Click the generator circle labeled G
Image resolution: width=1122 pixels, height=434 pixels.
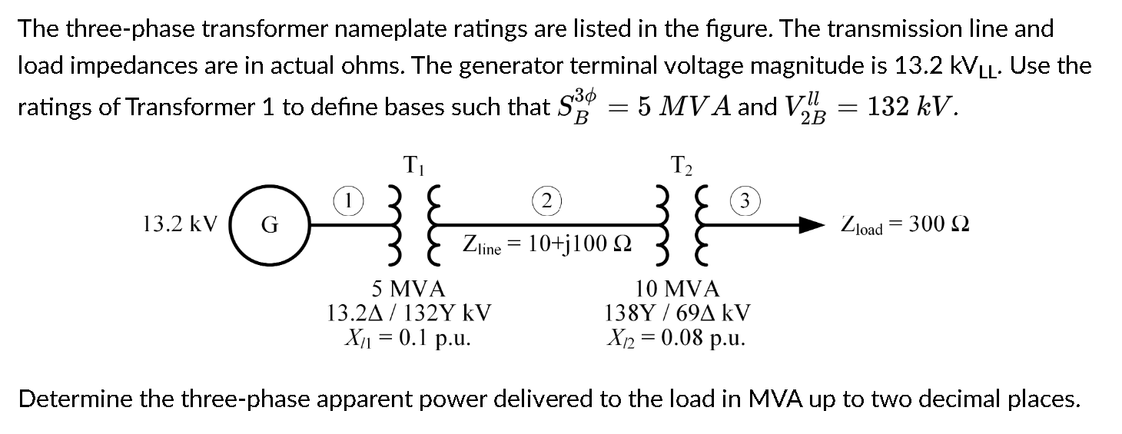(x=270, y=224)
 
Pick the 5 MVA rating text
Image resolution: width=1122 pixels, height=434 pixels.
(x=408, y=289)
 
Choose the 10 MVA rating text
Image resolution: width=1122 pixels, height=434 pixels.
(x=678, y=289)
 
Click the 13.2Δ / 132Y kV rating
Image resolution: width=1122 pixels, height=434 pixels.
(x=409, y=313)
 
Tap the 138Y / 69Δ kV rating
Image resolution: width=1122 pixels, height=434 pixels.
(x=679, y=313)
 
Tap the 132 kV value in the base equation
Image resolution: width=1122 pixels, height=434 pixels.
(x=911, y=106)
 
